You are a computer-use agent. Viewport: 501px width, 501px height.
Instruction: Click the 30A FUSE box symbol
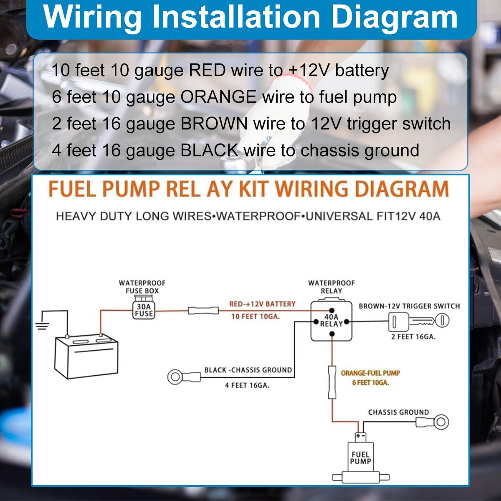(144, 310)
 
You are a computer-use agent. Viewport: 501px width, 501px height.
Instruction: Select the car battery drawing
(86, 356)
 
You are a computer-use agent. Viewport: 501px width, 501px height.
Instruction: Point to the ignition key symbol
(419, 321)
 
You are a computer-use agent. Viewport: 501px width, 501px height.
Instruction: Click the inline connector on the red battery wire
(203, 311)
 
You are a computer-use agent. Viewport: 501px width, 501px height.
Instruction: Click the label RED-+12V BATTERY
(262, 304)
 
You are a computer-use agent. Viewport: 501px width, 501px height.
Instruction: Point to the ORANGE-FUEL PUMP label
(370, 373)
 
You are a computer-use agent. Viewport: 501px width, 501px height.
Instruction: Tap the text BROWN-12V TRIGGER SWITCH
(409, 306)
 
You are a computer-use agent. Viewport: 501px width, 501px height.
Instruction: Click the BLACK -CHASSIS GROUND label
(248, 370)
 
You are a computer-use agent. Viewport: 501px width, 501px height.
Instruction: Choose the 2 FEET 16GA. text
(413, 337)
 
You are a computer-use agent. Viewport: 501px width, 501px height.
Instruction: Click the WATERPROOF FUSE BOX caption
(142, 287)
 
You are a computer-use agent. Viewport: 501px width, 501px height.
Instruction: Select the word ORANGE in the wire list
(218, 97)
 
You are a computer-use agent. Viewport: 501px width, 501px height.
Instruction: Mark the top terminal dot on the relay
(332, 310)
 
